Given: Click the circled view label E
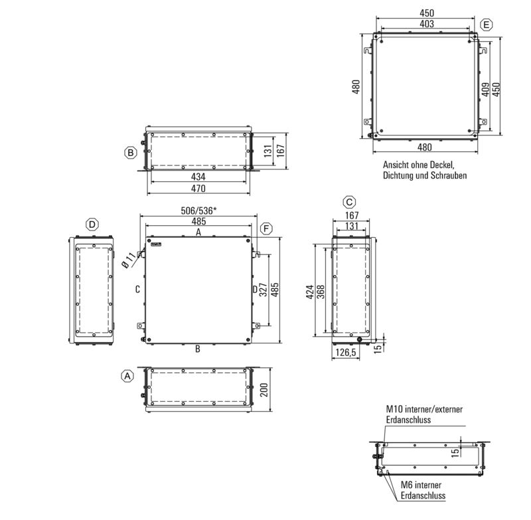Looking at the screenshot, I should coord(487,25).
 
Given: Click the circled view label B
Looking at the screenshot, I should coord(131,153).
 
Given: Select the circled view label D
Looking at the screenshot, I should coord(93,222).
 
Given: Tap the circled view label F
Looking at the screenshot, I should coord(266,228).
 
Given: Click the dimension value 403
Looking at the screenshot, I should coord(427,24).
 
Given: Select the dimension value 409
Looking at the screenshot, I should coord(486,88).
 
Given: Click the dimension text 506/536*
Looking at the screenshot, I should coord(199,211).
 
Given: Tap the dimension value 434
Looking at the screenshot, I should coord(198,177).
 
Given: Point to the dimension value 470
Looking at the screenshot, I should coord(198,189).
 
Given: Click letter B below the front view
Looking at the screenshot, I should coord(198,347).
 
